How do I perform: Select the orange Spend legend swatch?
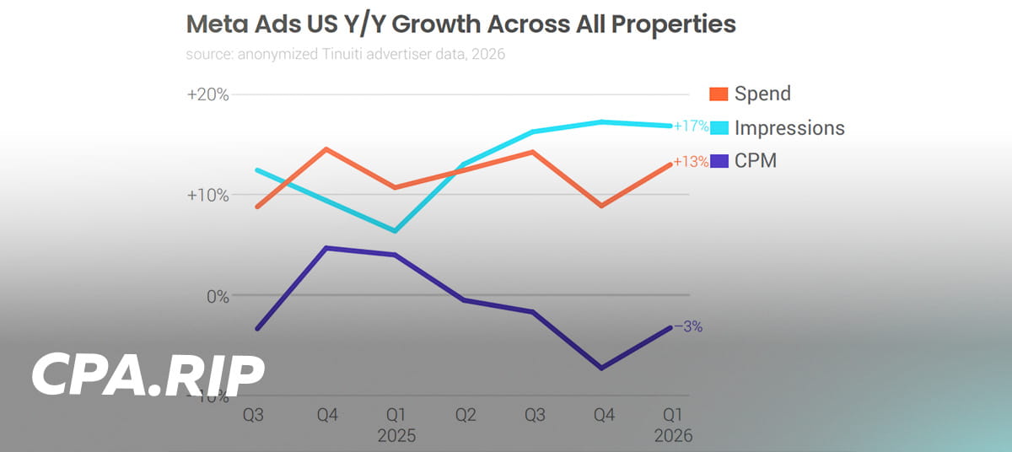(719, 94)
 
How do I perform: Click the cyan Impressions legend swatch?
(719, 127)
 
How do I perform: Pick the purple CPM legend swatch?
(719, 160)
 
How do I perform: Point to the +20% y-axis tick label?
(207, 94)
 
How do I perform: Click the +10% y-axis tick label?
(207, 195)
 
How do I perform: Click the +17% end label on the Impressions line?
(691, 126)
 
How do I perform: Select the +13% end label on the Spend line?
(691, 163)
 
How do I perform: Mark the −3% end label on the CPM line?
(688, 327)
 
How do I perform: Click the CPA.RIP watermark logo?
(148, 376)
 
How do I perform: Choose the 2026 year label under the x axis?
(672, 436)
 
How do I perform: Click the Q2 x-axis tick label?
(464, 416)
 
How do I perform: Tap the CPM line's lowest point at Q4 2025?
(601, 369)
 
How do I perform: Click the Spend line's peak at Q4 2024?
(326, 148)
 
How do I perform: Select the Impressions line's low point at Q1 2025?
(395, 231)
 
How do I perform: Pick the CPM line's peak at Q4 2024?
(326, 248)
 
